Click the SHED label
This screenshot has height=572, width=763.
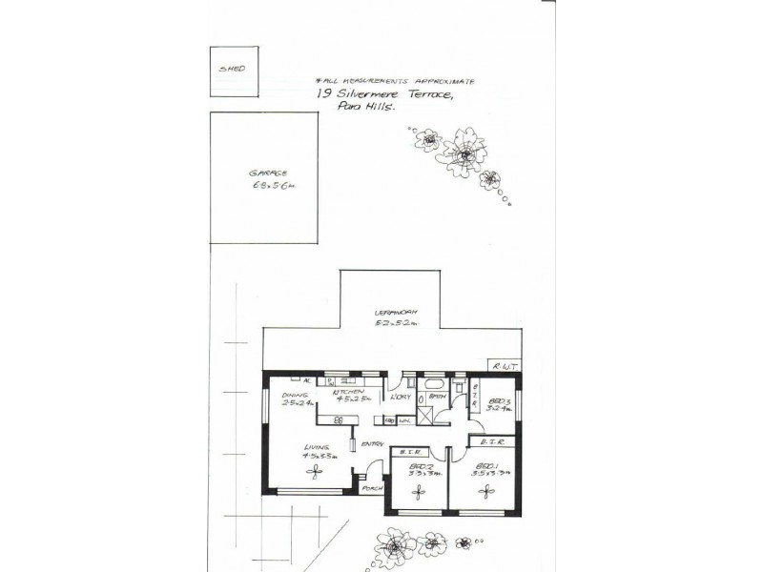click(233, 71)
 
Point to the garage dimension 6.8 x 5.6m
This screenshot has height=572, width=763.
click(273, 187)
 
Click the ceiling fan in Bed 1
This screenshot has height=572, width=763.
click(484, 490)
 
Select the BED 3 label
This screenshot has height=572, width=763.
click(497, 402)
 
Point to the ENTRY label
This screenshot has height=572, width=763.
click(372, 442)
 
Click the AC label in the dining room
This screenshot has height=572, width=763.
click(308, 380)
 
